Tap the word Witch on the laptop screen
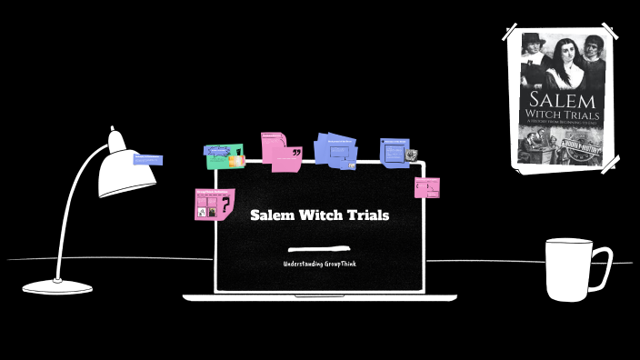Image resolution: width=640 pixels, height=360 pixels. (320, 215)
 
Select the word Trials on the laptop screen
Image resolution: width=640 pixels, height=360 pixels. (367, 215)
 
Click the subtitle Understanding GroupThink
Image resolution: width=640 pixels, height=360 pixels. (319, 264)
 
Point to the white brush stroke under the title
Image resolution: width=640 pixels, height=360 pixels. (319, 248)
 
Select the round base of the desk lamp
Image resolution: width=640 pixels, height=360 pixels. (57, 286)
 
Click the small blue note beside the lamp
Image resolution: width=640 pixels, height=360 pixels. (147, 160)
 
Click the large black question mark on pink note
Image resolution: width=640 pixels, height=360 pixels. (223, 207)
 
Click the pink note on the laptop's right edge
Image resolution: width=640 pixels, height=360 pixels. (427, 187)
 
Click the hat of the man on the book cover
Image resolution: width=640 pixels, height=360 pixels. (532, 39)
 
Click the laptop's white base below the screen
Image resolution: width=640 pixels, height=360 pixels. (319, 296)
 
